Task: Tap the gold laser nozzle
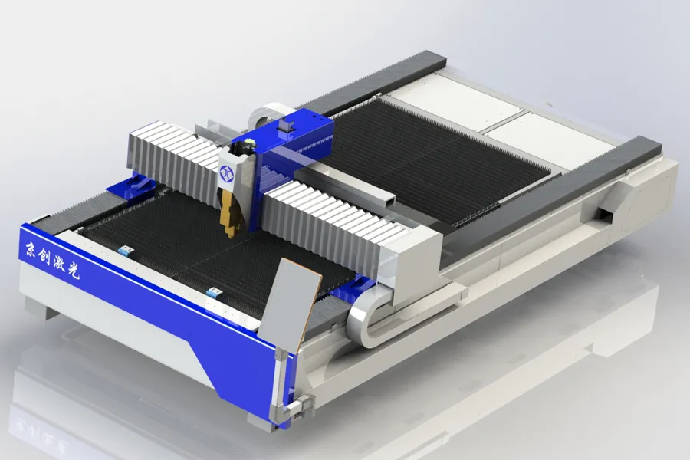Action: (x=230, y=215)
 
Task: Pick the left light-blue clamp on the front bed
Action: (x=126, y=251)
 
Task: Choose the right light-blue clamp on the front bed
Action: (x=215, y=292)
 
